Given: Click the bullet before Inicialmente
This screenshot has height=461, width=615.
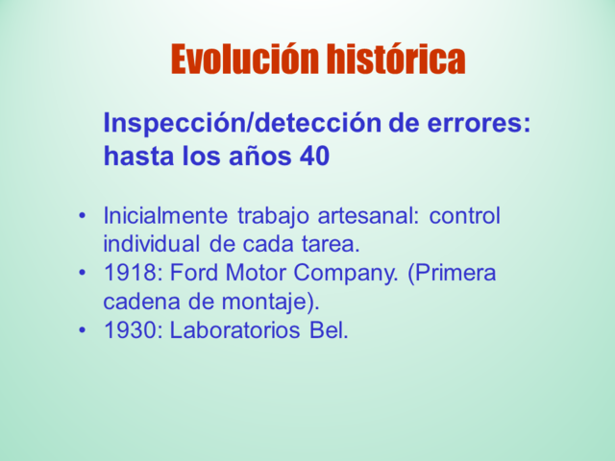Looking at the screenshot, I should point(84,215).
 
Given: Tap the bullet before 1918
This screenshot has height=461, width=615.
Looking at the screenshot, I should point(84,274).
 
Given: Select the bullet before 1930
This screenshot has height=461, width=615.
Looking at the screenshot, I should point(84,331).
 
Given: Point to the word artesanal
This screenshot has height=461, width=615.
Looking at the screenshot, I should point(370,216).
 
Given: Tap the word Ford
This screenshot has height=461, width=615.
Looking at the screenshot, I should point(197,274).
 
